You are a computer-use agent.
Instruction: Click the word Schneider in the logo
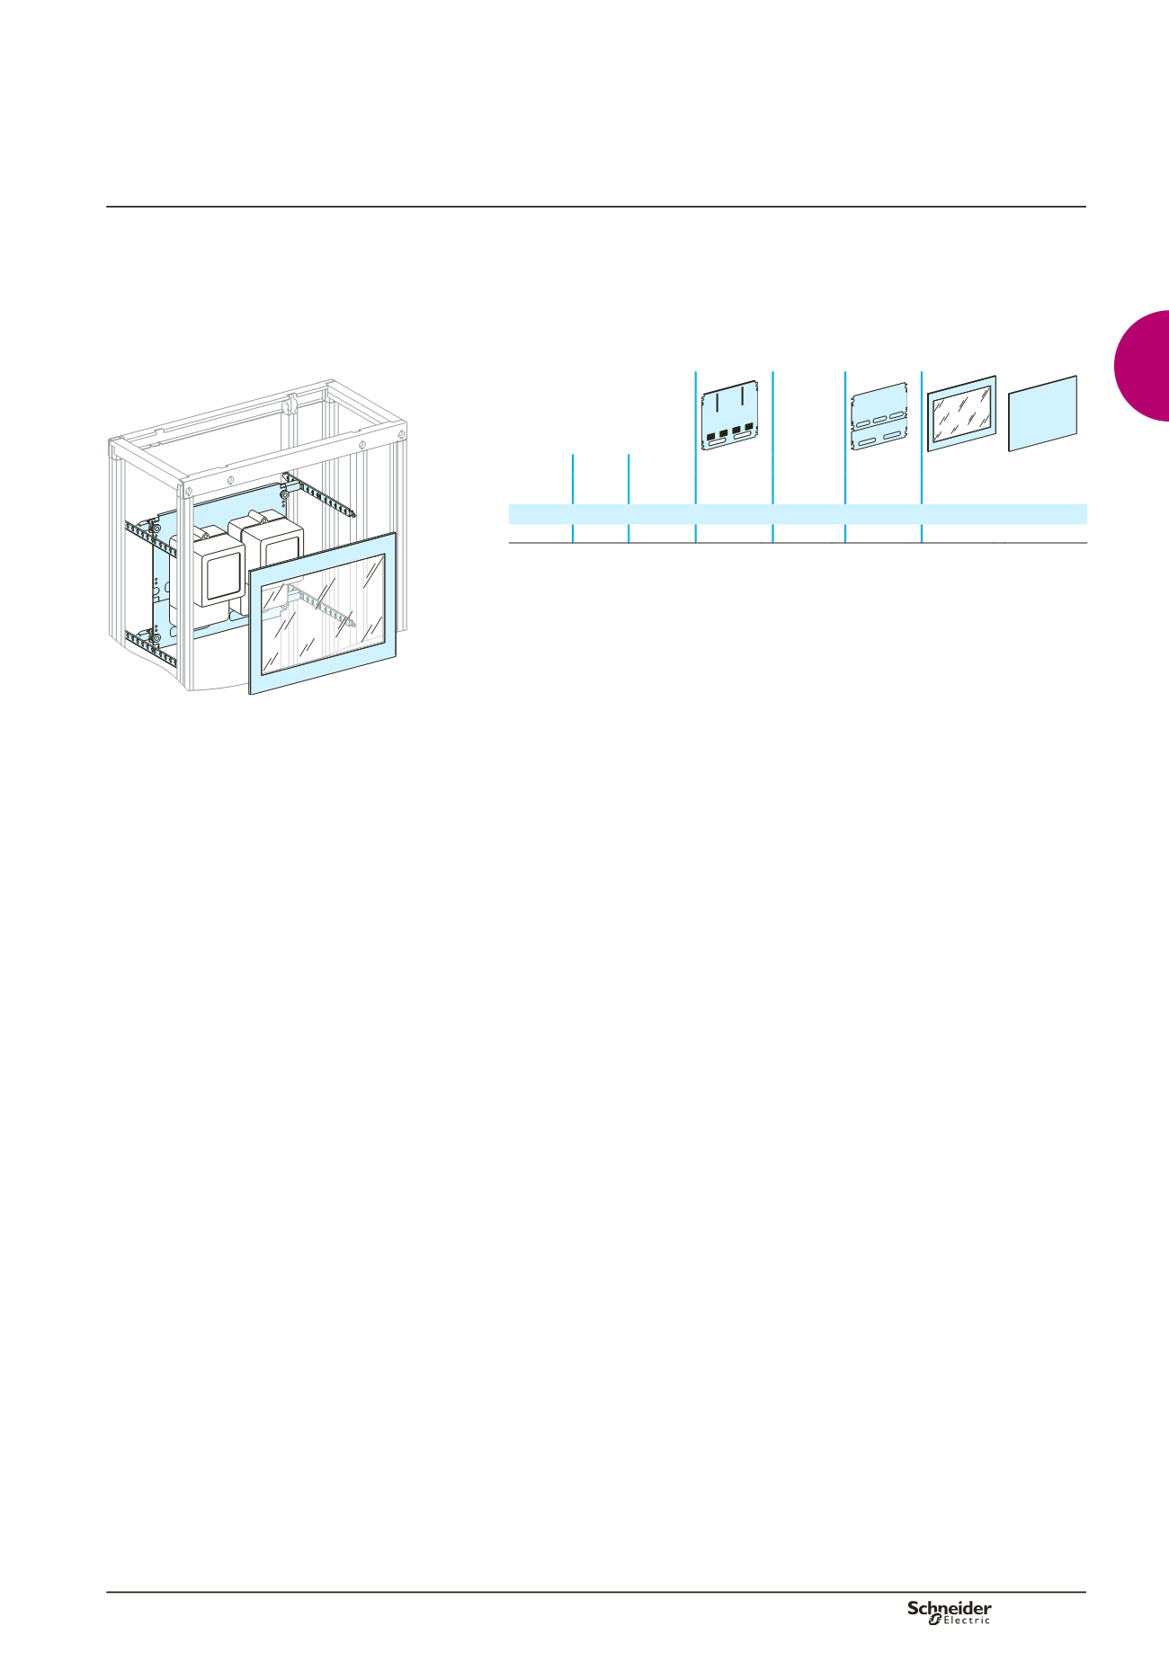tap(949, 1608)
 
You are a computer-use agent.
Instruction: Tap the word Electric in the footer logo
tap(967, 1621)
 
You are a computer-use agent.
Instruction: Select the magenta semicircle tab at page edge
tap(1141, 365)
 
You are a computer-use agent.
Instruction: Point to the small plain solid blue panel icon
tap(1042, 413)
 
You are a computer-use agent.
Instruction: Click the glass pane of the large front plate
tap(323, 611)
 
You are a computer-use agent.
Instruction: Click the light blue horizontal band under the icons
tap(798, 514)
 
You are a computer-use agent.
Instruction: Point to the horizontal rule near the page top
tap(596, 207)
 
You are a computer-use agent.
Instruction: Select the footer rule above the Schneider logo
tap(596, 1593)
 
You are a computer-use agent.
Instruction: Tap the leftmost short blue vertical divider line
tap(573, 498)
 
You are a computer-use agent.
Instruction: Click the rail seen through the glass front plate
tap(319, 604)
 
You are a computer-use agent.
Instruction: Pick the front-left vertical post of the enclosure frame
tap(186, 589)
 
